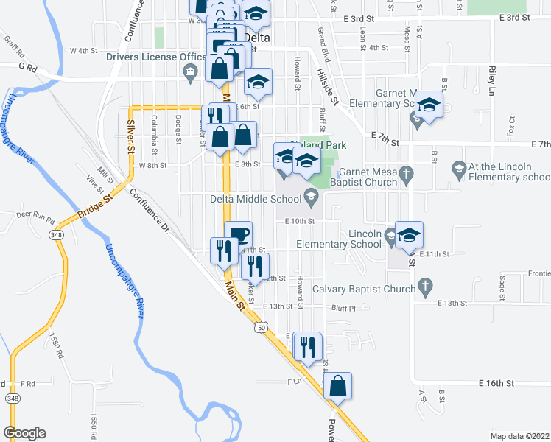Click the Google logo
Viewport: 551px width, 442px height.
pos(24,433)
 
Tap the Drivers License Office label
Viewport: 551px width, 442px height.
pos(156,57)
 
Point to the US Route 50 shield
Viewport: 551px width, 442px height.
pos(260,326)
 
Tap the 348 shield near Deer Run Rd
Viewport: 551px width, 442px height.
pos(57,234)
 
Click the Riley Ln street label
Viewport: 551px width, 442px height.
pos(490,81)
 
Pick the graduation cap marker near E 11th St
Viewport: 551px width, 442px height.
pos(409,235)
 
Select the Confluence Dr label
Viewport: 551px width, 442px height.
pos(150,213)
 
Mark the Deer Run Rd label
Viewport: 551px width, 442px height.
pos(35,218)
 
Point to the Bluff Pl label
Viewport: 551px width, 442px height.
pos(343,308)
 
